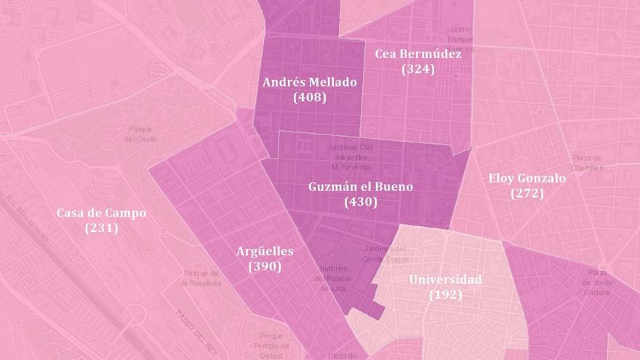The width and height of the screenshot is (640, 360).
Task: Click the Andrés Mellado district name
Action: [x=309, y=82]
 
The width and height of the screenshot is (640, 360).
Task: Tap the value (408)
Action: [x=309, y=97]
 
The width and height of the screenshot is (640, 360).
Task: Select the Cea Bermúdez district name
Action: [x=418, y=54]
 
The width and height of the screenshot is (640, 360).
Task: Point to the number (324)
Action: [x=418, y=69]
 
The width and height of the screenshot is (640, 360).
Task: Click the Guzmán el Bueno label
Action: [x=361, y=187]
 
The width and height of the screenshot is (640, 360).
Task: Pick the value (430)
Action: [x=361, y=202]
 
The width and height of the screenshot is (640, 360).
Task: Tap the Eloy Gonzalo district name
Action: [x=527, y=178]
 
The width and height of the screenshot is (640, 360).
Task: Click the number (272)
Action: [x=527, y=193]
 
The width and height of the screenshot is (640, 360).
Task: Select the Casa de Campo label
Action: [x=101, y=213]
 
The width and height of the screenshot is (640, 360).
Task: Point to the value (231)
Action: [x=101, y=228]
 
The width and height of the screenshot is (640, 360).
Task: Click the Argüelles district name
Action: [x=265, y=252]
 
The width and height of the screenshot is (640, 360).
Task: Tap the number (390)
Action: [x=265, y=266]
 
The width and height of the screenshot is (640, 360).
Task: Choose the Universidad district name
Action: [x=445, y=280]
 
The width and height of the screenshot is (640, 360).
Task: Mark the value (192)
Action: [x=445, y=295]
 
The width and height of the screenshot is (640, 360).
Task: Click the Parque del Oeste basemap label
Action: [x=140, y=133]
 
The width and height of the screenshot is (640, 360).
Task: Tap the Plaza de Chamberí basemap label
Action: [x=587, y=163]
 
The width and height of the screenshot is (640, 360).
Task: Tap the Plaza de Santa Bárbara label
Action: [x=597, y=281]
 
